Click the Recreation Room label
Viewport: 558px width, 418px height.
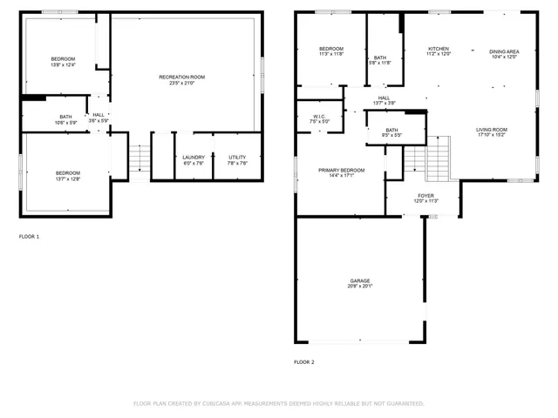coord(181,77)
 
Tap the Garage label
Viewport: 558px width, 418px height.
coord(360,280)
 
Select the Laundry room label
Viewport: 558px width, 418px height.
coord(194,157)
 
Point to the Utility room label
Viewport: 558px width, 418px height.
coord(237,157)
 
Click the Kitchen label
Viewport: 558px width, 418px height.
coord(439,48)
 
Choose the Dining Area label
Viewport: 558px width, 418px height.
coord(504,51)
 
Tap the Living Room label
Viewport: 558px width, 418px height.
coord(492,130)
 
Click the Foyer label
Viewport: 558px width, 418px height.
coord(425,196)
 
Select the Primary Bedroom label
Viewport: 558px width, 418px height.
coord(340,170)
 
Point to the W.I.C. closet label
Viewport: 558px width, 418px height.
coord(319,116)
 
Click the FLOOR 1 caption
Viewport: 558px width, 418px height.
coord(29,236)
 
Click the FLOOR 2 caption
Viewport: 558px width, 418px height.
coord(303,361)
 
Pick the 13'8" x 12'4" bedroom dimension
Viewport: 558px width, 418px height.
coord(63,64)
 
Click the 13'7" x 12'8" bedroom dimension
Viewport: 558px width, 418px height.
coord(67,179)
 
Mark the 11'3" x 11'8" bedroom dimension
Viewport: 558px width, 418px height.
coord(330,54)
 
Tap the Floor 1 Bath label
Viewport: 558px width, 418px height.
coord(66,117)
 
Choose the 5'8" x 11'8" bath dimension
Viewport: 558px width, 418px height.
coord(380,62)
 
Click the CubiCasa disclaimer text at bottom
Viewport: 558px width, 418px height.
coord(278,403)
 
